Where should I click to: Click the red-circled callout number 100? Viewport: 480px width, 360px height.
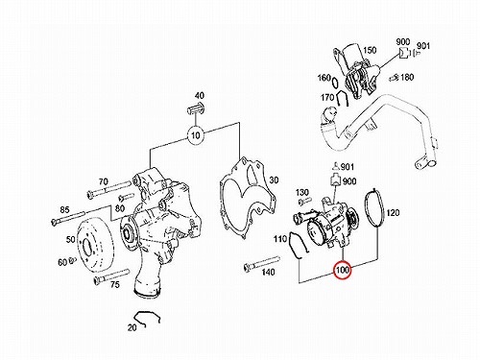pyautogui.click(x=343, y=271)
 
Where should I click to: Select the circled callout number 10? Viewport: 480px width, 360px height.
pyautogui.click(x=196, y=135)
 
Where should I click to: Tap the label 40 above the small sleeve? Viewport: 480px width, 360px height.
pyautogui.click(x=200, y=95)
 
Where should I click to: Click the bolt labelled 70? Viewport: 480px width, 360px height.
pyautogui.click(x=108, y=189)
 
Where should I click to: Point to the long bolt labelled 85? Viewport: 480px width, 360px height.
pyautogui.click(x=67, y=218)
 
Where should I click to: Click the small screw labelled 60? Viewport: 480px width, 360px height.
pyautogui.click(x=72, y=259)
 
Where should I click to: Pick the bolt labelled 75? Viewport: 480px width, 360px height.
pyautogui.click(x=111, y=276)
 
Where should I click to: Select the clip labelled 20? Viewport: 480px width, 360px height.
pyautogui.click(x=147, y=317)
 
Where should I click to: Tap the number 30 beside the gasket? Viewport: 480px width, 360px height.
pyautogui.click(x=274, y=180)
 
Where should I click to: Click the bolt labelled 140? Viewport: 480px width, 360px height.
pyautogui.click(x=261, y=262)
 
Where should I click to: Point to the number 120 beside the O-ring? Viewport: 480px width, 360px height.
pyautogui.click(x=394, y=212)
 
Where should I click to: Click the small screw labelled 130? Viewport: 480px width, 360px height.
pyautogui.click(x=304, y=201)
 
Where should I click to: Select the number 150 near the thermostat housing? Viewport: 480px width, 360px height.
pyautogui.click(x=370, y=50)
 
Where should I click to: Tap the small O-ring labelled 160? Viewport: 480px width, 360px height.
pyautogui.click(x=334, y=83)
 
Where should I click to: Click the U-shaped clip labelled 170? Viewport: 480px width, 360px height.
pyautogui.click(x=342, y=98)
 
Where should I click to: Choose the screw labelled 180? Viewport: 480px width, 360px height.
pyautogui.click(x=394, y=78)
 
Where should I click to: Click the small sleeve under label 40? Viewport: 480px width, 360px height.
pyautogui.click(x=196, y=109)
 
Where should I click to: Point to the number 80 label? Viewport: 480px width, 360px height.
pyautogui.click(x=120, y=208)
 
